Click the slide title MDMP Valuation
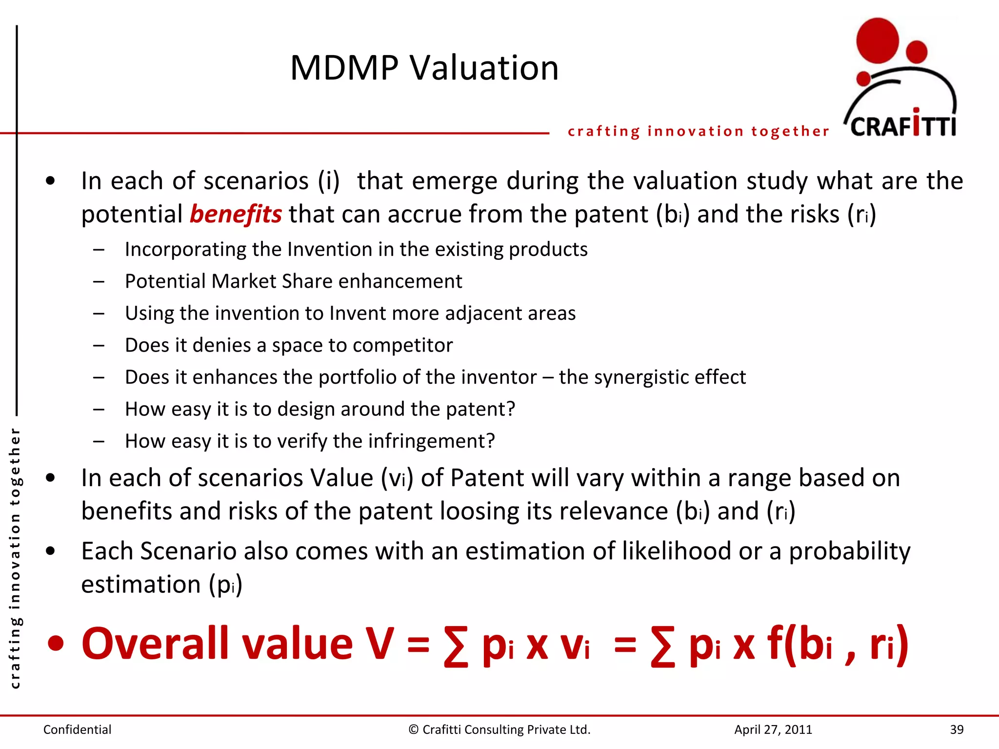[x=424, y=68]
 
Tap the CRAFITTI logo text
[x=903, y=126]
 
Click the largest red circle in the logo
[x=877, y=41]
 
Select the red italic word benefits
[x=236, y=215]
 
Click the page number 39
[x=956, y=729]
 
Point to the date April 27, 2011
[x=773, y=729]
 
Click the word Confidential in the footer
[x=77, y=729]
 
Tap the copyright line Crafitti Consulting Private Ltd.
[x=499, y=729]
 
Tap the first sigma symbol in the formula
[x=456, y=646]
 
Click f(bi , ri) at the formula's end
[x=837, y=644]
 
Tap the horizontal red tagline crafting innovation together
[x=698, y=131]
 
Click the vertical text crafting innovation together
[x=15, y=558]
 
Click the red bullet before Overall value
[x=56, y=644]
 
